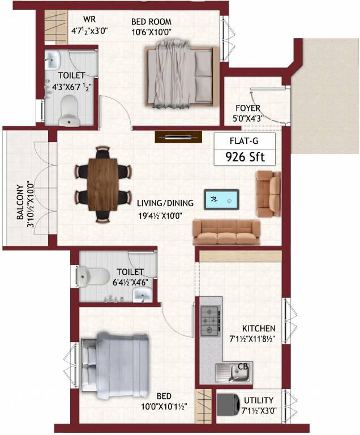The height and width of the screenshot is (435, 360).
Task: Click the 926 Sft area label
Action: (x=245, y=156)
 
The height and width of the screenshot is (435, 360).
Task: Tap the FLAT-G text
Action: (x=245, y=140)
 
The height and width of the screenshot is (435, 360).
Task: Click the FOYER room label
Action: (x=248, y=108)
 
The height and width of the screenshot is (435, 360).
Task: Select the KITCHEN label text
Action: (x=258, y=329)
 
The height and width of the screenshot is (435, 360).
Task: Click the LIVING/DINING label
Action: (x=165, y=203)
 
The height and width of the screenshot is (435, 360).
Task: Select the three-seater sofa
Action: (x=226, y=232)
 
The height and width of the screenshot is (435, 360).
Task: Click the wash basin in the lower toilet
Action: (x=142, y=293)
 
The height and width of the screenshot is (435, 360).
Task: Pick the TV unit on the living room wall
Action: (x=178, y=137)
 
